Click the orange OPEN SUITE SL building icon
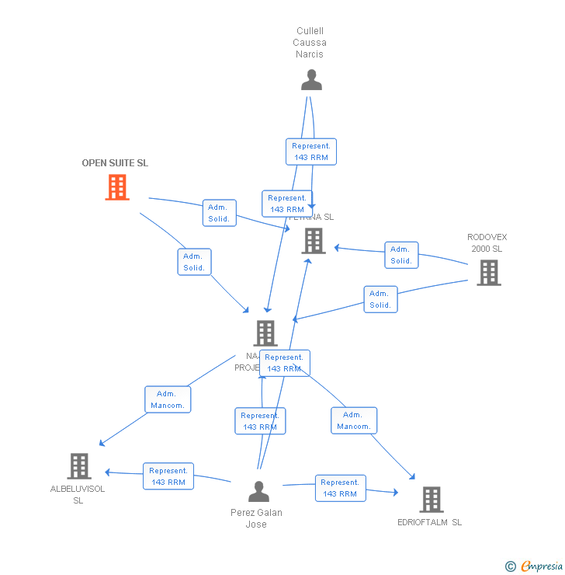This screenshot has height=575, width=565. [117, 187]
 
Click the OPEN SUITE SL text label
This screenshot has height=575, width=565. [115, 163]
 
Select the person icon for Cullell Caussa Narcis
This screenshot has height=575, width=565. [311, 80]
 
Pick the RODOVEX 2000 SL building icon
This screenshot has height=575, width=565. [488, 273]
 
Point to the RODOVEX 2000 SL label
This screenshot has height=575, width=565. [487, 243]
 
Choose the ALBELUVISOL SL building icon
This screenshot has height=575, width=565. [79, 466]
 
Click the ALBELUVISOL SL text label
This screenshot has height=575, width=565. [78, 495]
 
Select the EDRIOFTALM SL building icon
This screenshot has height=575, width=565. [431, 500]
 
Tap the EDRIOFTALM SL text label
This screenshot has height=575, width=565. [429, 522]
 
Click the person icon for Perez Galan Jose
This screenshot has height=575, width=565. [258, 491]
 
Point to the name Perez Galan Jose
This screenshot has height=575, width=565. [256, 518]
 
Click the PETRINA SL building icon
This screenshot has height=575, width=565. [313, 241]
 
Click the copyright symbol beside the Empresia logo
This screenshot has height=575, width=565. [511, 566]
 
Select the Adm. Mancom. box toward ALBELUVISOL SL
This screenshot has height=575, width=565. [167, 399]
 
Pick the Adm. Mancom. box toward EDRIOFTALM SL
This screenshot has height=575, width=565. [353, 420]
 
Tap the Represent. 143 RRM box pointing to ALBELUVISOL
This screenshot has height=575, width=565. [168, 476]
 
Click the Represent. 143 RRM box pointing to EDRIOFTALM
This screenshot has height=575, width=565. [340, 488]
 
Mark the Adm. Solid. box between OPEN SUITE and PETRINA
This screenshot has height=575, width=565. [219, 213]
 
